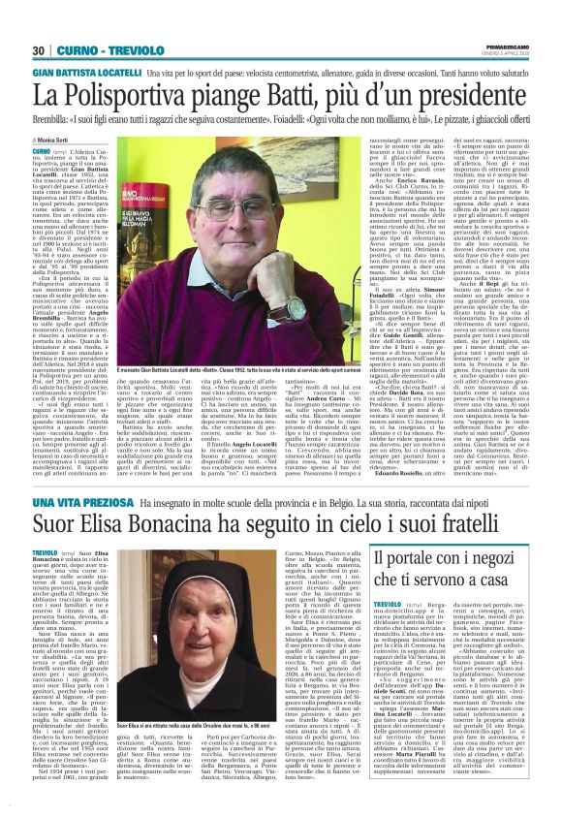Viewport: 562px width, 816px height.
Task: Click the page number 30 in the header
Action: tap(39, 23)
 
